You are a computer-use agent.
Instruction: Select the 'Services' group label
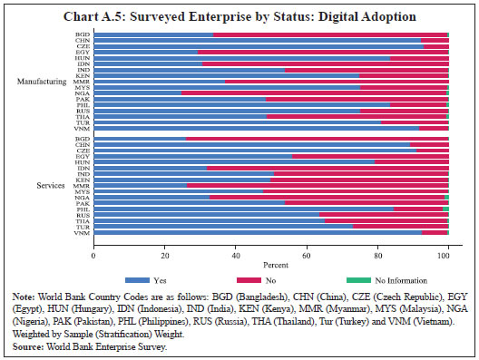[54, 186]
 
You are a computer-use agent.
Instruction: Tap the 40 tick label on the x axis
[235, 248]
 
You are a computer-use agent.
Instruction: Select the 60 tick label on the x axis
[306, 248]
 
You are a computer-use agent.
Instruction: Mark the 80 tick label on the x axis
[376, 248]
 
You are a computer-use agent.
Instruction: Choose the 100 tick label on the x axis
[445, 248]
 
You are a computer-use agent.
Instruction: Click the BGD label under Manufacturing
[82, 34]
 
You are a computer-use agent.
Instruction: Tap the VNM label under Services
[82, 233]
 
